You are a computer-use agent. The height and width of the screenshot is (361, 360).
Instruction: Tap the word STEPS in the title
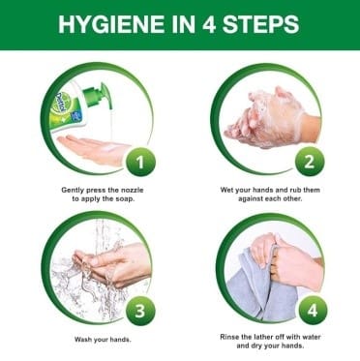coord(260,24)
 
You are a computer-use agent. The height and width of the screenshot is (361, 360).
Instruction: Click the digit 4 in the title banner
coord(208,24)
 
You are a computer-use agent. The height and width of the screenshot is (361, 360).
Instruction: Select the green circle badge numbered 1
coord(140,163)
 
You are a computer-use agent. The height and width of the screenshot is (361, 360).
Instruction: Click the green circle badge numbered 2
coord(310,162)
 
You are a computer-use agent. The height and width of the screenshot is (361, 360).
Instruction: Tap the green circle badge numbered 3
coord(140,312)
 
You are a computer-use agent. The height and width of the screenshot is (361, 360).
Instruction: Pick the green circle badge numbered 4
coord(313,311)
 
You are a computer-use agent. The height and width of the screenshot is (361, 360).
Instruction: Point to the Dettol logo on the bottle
coord(61,101)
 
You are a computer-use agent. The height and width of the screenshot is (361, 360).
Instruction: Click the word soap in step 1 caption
coord(125,199)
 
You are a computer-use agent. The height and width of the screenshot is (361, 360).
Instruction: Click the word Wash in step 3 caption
coord(83,340)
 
